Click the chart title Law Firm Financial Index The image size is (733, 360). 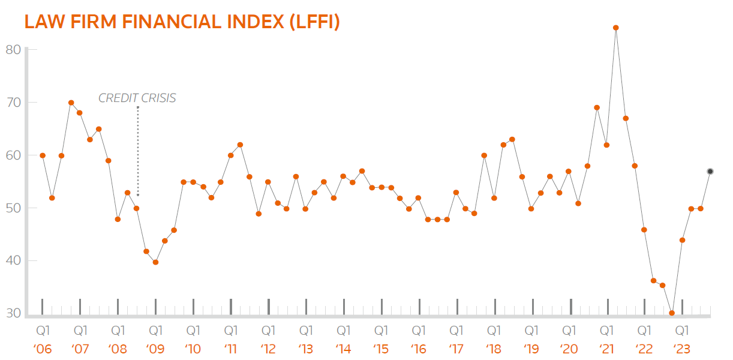click(182, 22)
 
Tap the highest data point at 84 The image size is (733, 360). click(616, 28)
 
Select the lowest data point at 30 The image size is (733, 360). click(672, 313)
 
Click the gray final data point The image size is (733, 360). click(710, 172)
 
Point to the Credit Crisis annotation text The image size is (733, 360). click(137, 98)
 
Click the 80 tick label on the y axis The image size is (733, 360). click(13, 49)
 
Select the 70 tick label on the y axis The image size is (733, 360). click(13, 103)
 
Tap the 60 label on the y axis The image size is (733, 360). click(13, 155)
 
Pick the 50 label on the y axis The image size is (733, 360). click(13, 208)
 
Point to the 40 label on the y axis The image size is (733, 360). click(13, 261)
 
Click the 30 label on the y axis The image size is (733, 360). click(13, 313)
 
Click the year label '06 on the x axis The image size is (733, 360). click(43, 349)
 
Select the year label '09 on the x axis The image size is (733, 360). click(156, 349)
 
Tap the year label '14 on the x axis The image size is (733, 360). click(344, 349)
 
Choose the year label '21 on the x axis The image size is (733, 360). click(606, 349)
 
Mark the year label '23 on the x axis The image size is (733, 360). click(681, 349)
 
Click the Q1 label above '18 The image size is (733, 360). click(494, 331)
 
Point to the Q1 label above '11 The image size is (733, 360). click(231, 331)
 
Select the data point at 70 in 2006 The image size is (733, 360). click(71, 103)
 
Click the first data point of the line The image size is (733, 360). click(43, 155)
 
